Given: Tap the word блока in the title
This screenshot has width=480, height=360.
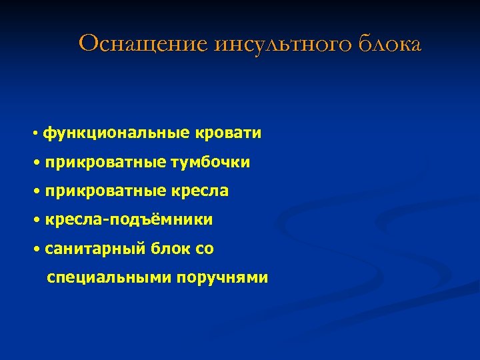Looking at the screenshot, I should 390,44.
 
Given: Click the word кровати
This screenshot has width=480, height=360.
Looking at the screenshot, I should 229,133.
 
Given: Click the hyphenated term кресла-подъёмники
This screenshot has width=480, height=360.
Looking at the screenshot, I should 129,220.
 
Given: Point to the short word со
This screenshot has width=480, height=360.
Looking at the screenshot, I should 205,249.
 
